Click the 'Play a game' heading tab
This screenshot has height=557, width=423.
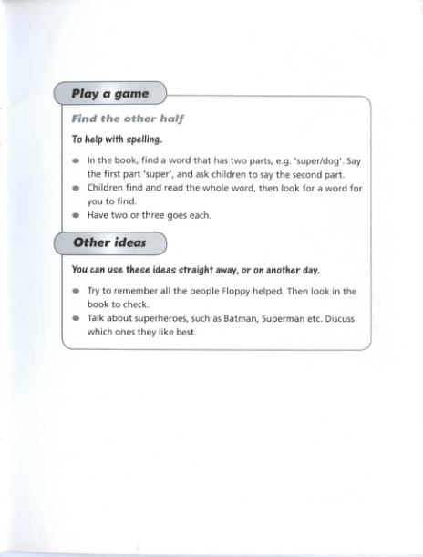[110, 94]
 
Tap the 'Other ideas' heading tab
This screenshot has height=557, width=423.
[109, 242]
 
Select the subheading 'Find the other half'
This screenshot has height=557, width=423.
[123, 119]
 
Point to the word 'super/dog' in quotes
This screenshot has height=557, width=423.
[315, 160]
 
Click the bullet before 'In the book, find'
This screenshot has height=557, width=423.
[76, 161]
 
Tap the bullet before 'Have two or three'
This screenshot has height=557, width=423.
[76, 216]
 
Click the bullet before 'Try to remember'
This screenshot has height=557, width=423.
[76, 291]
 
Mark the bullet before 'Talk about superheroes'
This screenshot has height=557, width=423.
[76, 319]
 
